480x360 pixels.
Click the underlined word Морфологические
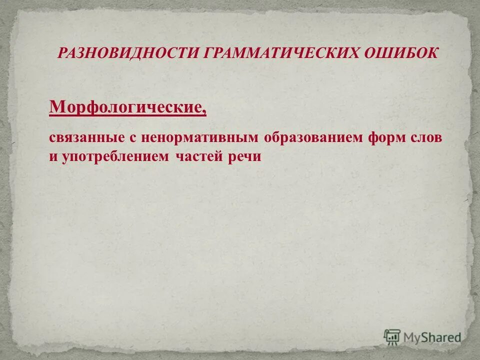pyautogui.click(x=126, y=106)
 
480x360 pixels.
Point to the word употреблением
pyautogui.click(x=116, y=156)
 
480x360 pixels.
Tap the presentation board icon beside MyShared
pyautogui.click(x=392, y=336)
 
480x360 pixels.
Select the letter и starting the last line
pyautogui.click(x=52, y=157)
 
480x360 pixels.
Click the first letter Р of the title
pyautogui.click(x=61, y=52)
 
